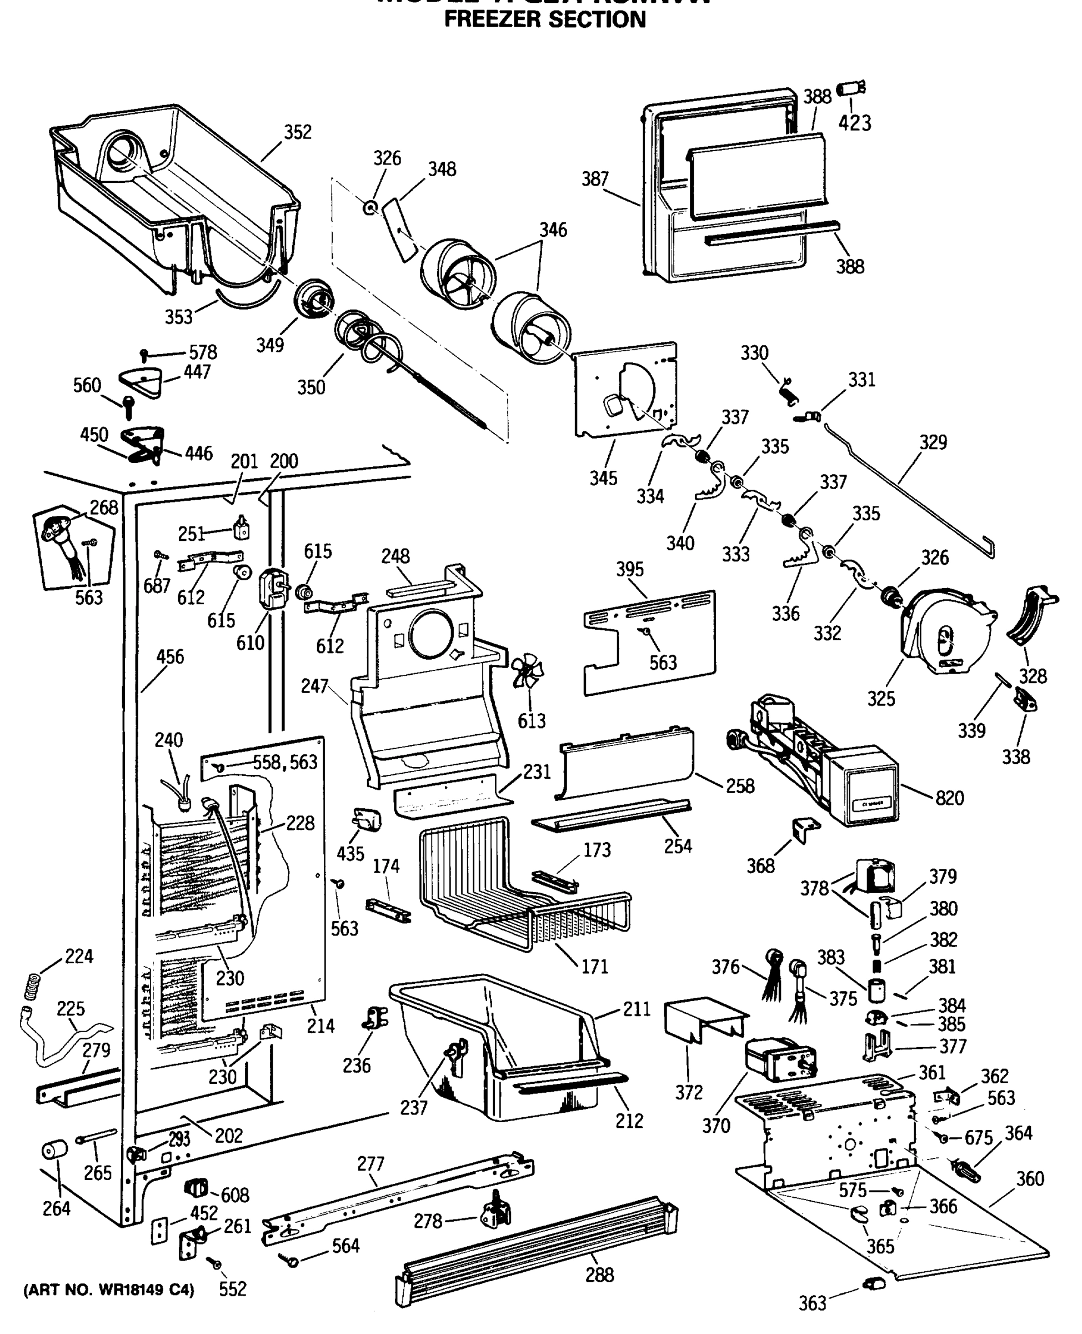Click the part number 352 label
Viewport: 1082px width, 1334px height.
coord(297,132)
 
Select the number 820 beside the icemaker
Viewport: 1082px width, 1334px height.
coord(949,798)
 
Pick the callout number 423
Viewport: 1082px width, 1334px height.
coord(854,123)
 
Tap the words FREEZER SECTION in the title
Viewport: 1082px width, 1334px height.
coord(544,19)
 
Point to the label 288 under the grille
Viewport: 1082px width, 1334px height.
coord(599,1274)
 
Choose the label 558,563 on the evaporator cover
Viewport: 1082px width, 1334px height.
coord(284,762)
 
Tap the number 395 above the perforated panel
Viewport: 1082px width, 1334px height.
coord(629,569)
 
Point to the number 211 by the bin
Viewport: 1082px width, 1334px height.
coord(637,1008)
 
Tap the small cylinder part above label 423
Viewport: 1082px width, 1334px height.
coord(849,88)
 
